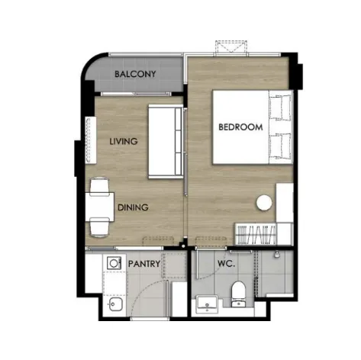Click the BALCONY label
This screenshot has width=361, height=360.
(x=135, y=74)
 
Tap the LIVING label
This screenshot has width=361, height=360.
(x=124, y=141)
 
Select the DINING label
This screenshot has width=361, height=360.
(x=133, y=207)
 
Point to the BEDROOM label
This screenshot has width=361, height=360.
(x=240, y=127)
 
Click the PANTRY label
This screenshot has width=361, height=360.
(x=144, y=264)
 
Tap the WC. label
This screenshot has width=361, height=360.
(x=226, y=264)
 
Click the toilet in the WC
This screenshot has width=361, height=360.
(x=238, y=294)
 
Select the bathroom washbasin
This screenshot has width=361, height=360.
(x=207, y=304)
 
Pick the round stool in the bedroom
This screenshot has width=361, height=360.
(x=264, y=203)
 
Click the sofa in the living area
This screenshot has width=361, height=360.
(x=166, y=141)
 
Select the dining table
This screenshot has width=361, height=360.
(x=99, y=207)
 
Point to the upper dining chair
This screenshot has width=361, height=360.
(x=99, y=185)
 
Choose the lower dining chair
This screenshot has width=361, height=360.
(x=99, y=227)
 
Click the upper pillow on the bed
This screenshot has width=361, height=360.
(x=280, y=107)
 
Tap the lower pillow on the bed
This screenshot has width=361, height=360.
(x=280, y=146)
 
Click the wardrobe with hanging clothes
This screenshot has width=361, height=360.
(x=256, y=234)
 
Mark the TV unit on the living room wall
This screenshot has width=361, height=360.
(x=90, y=140)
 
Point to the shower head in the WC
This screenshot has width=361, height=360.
(x=277, y=254)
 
